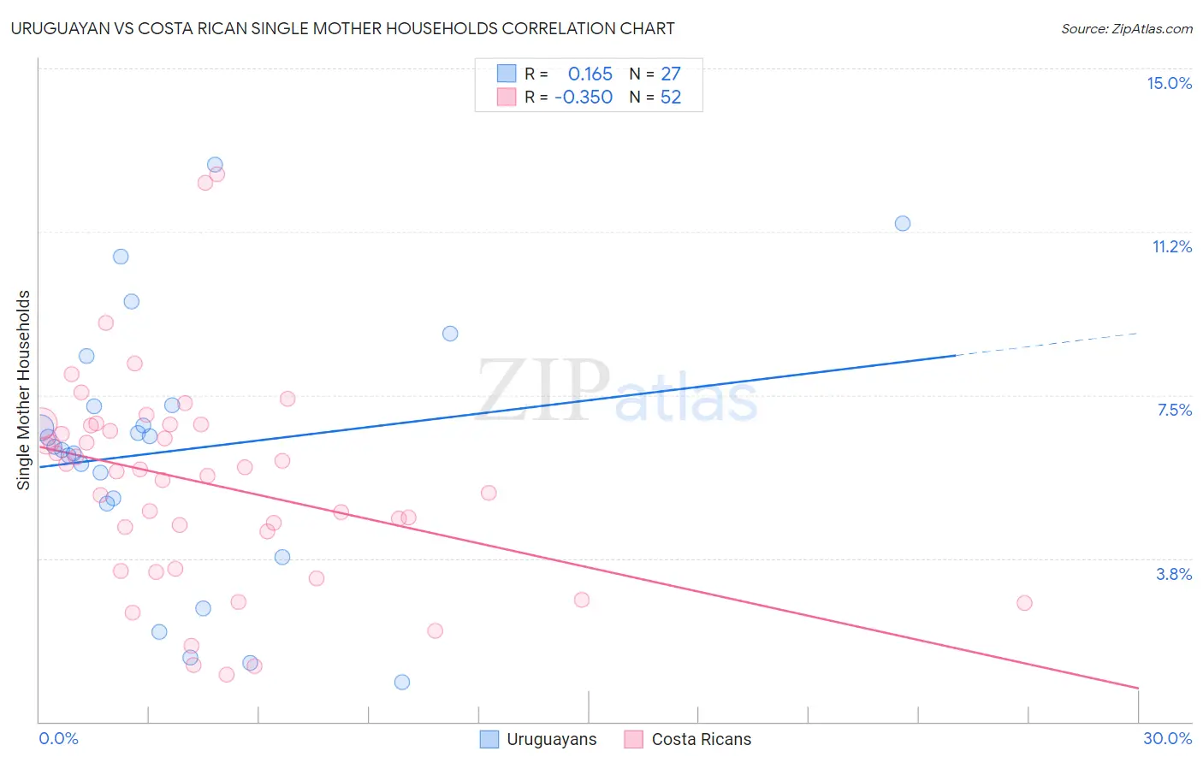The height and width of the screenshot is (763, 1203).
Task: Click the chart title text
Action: coord(342,28)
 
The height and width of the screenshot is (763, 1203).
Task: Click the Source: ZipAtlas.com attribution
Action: coord(1126,28)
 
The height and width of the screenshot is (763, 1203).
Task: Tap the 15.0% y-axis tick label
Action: coord(1169,83)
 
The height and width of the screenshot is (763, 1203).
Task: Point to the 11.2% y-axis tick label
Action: coord(1171,246)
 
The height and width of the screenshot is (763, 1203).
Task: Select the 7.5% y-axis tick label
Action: coord(1174,410)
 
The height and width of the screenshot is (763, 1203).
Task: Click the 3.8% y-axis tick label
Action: coord(1174,574)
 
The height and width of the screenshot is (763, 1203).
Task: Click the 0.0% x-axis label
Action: coord(58,738)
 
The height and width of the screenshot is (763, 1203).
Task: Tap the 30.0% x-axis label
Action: coord(1167,738)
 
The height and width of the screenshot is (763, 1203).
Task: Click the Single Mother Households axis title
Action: coord(24,390)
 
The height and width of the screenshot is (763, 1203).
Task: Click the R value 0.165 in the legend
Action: coord(590,74)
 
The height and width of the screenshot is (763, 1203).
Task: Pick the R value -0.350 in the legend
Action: coord(584,97)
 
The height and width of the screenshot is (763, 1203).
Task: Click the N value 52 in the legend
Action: coord(671,97)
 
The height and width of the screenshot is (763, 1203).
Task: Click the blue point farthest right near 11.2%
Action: coord(902,223)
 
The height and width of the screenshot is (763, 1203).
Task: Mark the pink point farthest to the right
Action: coord(1024,603)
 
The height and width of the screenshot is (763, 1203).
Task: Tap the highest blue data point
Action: coord(215,164)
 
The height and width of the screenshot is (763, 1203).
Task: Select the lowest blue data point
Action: coord(401,682)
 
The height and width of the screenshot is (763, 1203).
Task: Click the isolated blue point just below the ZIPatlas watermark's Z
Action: coord(450,334)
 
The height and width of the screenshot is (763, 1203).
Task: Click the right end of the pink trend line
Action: coord(1138,688)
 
